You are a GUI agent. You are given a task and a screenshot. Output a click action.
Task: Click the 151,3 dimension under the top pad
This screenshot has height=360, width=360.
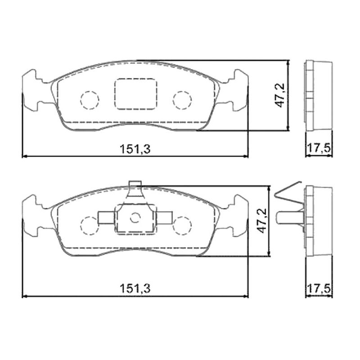(135, 149)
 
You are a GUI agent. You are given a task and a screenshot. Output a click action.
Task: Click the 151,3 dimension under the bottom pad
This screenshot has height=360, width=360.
(135, 288)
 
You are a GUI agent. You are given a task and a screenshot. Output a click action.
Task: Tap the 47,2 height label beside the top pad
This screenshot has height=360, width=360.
(280, 95)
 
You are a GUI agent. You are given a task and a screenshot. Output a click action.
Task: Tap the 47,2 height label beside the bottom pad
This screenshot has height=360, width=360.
(262, 220)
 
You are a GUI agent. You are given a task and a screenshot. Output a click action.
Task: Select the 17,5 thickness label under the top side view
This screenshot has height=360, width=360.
(319, 148)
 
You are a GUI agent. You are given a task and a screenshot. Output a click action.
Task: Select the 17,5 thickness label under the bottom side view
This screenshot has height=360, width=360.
(319, 288)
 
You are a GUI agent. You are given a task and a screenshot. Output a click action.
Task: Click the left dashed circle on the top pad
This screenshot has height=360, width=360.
(90, 91)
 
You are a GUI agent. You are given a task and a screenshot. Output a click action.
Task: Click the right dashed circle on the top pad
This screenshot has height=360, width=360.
(182, 91)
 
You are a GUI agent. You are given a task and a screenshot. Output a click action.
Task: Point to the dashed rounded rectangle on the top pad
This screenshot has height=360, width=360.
(136, 79)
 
